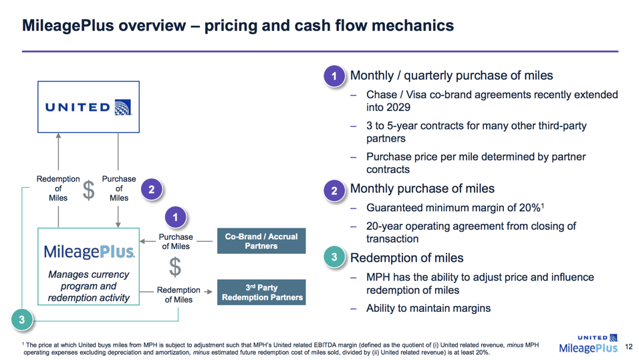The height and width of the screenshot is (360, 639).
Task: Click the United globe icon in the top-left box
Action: (123, 107)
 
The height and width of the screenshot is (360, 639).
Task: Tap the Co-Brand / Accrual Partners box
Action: (261, 241)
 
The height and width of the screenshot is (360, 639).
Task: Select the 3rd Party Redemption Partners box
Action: (261, 293)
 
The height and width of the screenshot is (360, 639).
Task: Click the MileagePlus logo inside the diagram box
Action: (89, 252)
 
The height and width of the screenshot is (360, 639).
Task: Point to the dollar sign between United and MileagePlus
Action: (88, 190)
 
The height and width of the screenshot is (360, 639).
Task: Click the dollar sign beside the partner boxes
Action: (174, 268)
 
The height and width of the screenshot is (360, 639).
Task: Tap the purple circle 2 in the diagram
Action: (152, 190)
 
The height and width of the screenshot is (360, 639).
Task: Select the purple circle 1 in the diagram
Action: (175, 217)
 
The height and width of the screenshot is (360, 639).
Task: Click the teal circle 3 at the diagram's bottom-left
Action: (22, 320)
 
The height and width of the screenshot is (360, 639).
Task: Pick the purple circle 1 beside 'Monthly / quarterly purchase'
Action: (334, 76)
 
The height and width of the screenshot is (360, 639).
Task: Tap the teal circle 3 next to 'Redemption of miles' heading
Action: (334, 258)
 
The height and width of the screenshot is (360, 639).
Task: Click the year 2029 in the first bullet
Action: (398, 108)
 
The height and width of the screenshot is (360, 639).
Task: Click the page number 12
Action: (628, 347)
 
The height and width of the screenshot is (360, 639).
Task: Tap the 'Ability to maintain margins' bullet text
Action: (428, 309)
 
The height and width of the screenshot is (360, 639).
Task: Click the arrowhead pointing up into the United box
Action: (58, 136)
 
